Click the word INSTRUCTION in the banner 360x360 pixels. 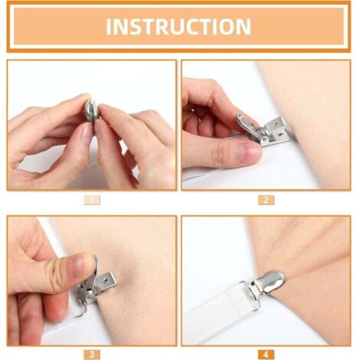(x=178, y=27)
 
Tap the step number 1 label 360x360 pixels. (x=92, y=200)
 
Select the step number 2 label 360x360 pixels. (x=266, y=200)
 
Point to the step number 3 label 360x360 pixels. (x=92, y=355)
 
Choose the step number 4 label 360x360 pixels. (x=266, y=355)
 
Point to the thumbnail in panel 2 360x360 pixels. (x=249, y=151)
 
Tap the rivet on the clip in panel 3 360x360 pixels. (x=104, y=280)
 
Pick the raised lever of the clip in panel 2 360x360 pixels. (x=246, y=122)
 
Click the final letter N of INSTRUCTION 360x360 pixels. (x=244, y=27)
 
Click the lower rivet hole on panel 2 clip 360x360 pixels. (x=280, y=133)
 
